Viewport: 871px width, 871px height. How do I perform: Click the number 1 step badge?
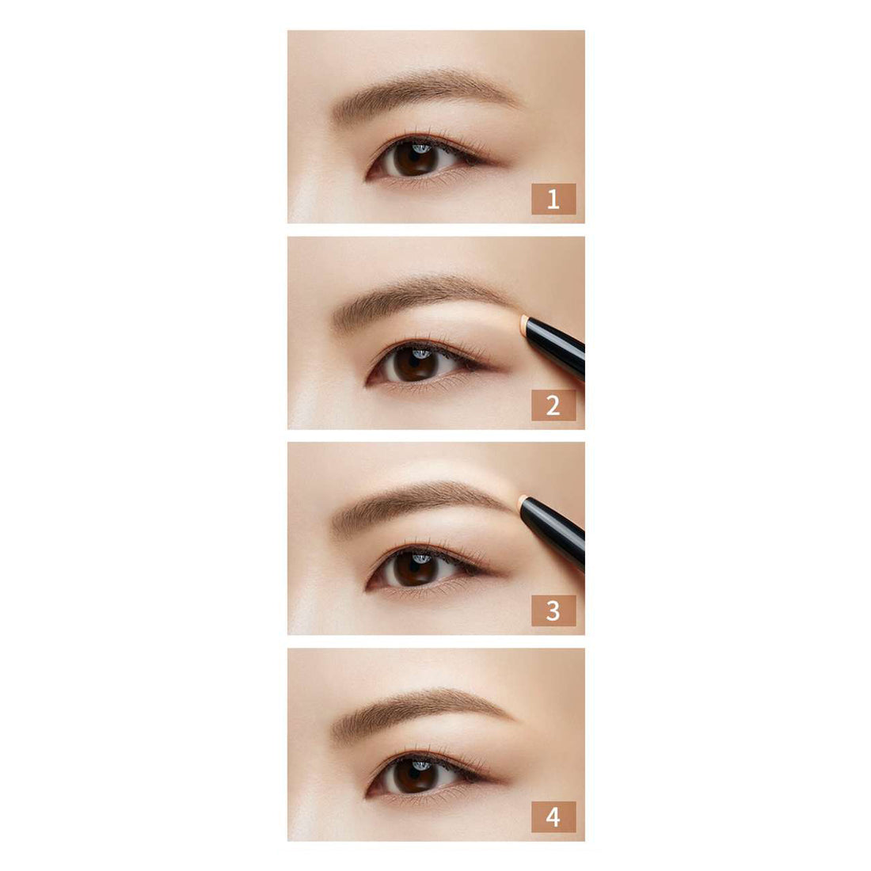pyautogui.click(x=553, y=199)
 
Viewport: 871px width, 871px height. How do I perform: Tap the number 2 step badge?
pyautogui.click(x=553, y=405)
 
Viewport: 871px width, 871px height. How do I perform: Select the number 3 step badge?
pyautogui.click(x=553, y=610)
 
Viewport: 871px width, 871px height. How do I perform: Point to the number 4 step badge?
pyautogui.click(x=553, y=816)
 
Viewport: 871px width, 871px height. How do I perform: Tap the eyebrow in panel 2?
pyautogui.click(x=422, y=297)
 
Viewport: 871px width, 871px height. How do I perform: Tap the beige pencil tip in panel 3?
pyautogui.click(x=523, y=504)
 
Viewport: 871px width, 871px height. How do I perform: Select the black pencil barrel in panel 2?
pyautogui.click(x=556, y=346)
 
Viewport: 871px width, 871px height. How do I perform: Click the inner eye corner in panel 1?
pyautogui.click(x=368, y=177)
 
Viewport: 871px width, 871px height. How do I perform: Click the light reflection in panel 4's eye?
pyautogui.click(x=421, y=766)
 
